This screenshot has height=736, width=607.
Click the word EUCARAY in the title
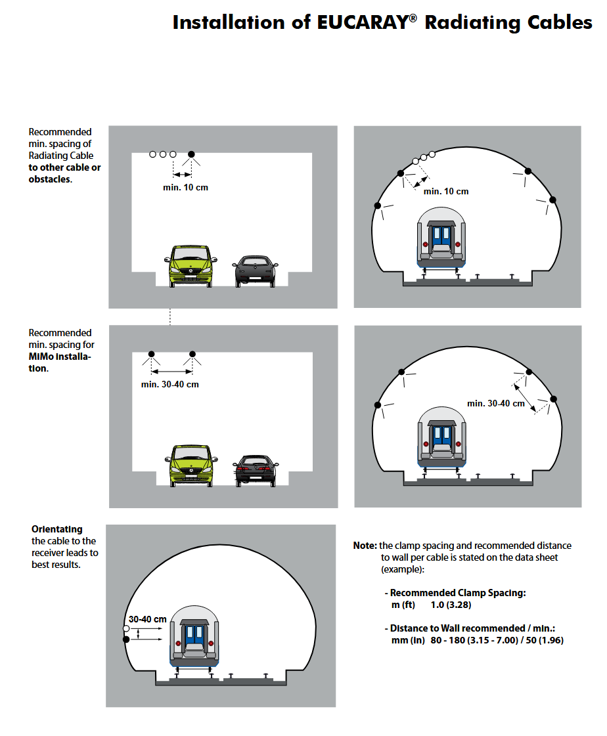point(354,23)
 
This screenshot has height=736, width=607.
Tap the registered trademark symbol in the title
point(413,18)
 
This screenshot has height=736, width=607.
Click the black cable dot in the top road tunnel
point(191,154)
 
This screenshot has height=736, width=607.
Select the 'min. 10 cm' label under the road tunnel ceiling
point(185,188)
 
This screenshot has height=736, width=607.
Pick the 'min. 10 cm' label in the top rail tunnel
point(446,191)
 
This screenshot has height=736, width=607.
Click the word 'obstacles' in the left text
point(49,179)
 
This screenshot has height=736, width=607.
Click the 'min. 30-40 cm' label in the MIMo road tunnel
point(169,384)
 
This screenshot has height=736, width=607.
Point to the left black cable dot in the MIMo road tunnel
point(150,354)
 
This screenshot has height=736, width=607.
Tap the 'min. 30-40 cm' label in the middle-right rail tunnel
point(496,403)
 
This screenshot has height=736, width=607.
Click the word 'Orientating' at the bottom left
point(57,529)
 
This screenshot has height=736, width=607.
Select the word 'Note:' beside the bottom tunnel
point(365,546)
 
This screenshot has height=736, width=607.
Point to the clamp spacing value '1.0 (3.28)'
point(451,605)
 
